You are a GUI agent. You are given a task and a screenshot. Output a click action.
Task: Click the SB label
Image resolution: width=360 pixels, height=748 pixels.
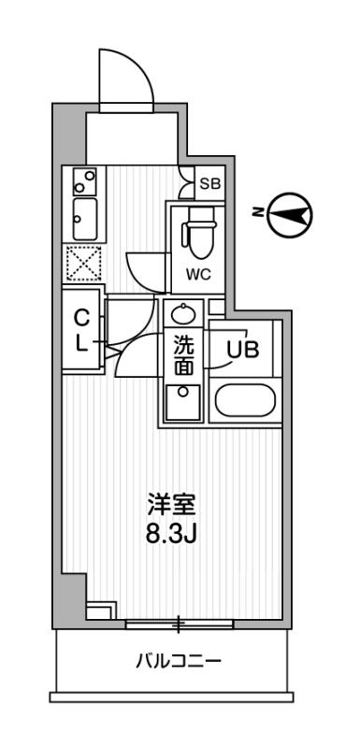coord(209,183)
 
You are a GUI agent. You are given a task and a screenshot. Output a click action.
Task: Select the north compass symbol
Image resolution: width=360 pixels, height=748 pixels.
coord(290,215)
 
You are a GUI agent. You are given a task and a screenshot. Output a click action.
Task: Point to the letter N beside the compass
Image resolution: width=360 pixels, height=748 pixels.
coord(257,213)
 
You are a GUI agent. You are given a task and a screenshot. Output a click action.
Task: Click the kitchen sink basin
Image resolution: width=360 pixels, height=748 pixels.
coord(85,220)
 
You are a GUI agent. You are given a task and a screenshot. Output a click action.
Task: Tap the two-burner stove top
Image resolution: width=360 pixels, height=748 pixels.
coord(85,181)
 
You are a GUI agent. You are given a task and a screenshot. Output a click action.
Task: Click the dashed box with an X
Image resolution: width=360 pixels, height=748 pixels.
coord(84,263)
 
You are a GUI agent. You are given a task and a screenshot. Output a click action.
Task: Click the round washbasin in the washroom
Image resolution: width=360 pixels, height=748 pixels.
coord(183,313)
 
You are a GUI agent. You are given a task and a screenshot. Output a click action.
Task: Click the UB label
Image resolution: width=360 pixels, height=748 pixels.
coord(243,350)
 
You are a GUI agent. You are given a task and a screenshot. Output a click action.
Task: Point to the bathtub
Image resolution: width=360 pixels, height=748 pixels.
coord(245,400)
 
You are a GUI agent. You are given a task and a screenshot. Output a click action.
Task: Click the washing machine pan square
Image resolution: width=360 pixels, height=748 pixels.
coord(182,402)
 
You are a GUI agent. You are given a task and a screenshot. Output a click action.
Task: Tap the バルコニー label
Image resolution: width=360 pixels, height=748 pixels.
coord(179,660)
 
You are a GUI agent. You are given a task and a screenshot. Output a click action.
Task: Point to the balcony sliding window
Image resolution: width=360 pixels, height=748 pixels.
coord(180,624)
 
